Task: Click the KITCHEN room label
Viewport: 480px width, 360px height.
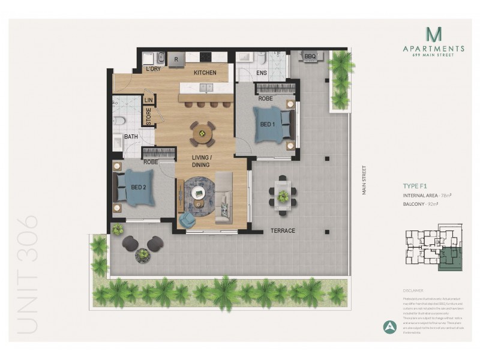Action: pos(204,73)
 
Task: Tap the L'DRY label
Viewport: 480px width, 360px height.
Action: pos(154,70)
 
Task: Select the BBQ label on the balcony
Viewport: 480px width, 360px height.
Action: pos(310,56)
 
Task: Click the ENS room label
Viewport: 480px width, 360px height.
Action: pos(262,73)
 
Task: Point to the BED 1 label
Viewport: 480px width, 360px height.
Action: pos(268,124)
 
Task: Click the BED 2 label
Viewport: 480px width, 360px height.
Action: pos(139,187)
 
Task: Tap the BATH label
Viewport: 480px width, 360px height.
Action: pos(131,137)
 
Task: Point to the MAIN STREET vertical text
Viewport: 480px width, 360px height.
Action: pos(363,181)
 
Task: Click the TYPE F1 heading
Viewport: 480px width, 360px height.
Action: pos(416,186)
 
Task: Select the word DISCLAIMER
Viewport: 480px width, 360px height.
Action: pos(415,289)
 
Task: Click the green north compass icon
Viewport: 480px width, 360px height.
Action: pos(389,327)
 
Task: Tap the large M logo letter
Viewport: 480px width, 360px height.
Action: pos(433,34)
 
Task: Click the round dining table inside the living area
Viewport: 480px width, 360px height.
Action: pos(202,132)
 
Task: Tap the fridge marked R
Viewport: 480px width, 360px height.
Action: pos(176,59)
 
